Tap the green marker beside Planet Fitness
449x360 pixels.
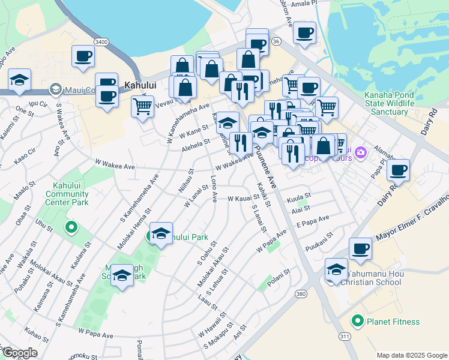358,322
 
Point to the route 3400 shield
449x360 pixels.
101,41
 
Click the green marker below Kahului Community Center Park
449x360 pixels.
71,227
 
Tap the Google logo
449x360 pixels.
19,353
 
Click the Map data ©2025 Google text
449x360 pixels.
411,355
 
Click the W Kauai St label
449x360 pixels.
243,198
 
